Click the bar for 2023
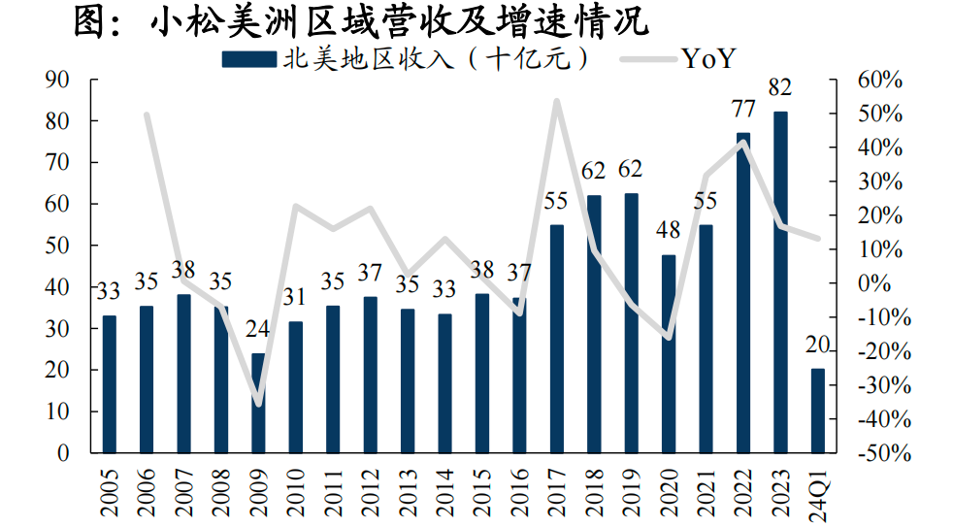pyautogui.click(x=780, y=281)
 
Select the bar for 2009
pyautogui.click(x=258, y=403)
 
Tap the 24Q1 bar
pyautogui.click(x=818, y=411)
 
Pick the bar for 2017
pyautogui.click(x=557, y=339)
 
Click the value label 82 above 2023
pyautogui.click(x=779, y=87)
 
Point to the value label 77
pyautogui.click(x=742, y=109)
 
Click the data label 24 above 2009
pyautogui.click(x=258, y=329)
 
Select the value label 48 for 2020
pyautogui.click(x=669, y=231)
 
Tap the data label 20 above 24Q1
pyautogui.click(x=818, y=345)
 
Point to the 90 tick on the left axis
pyautogui.click(x=59, y=80)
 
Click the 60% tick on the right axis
pyautogui.click(x=879, y=80)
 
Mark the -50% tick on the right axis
pyautogui.click(x=879, y=453)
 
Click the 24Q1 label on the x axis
pyautogui.click(x=818, y=491)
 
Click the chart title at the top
pyautogui.click(x=361, y=21)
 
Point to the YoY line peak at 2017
pyautogui.click(x=557, y=100)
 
